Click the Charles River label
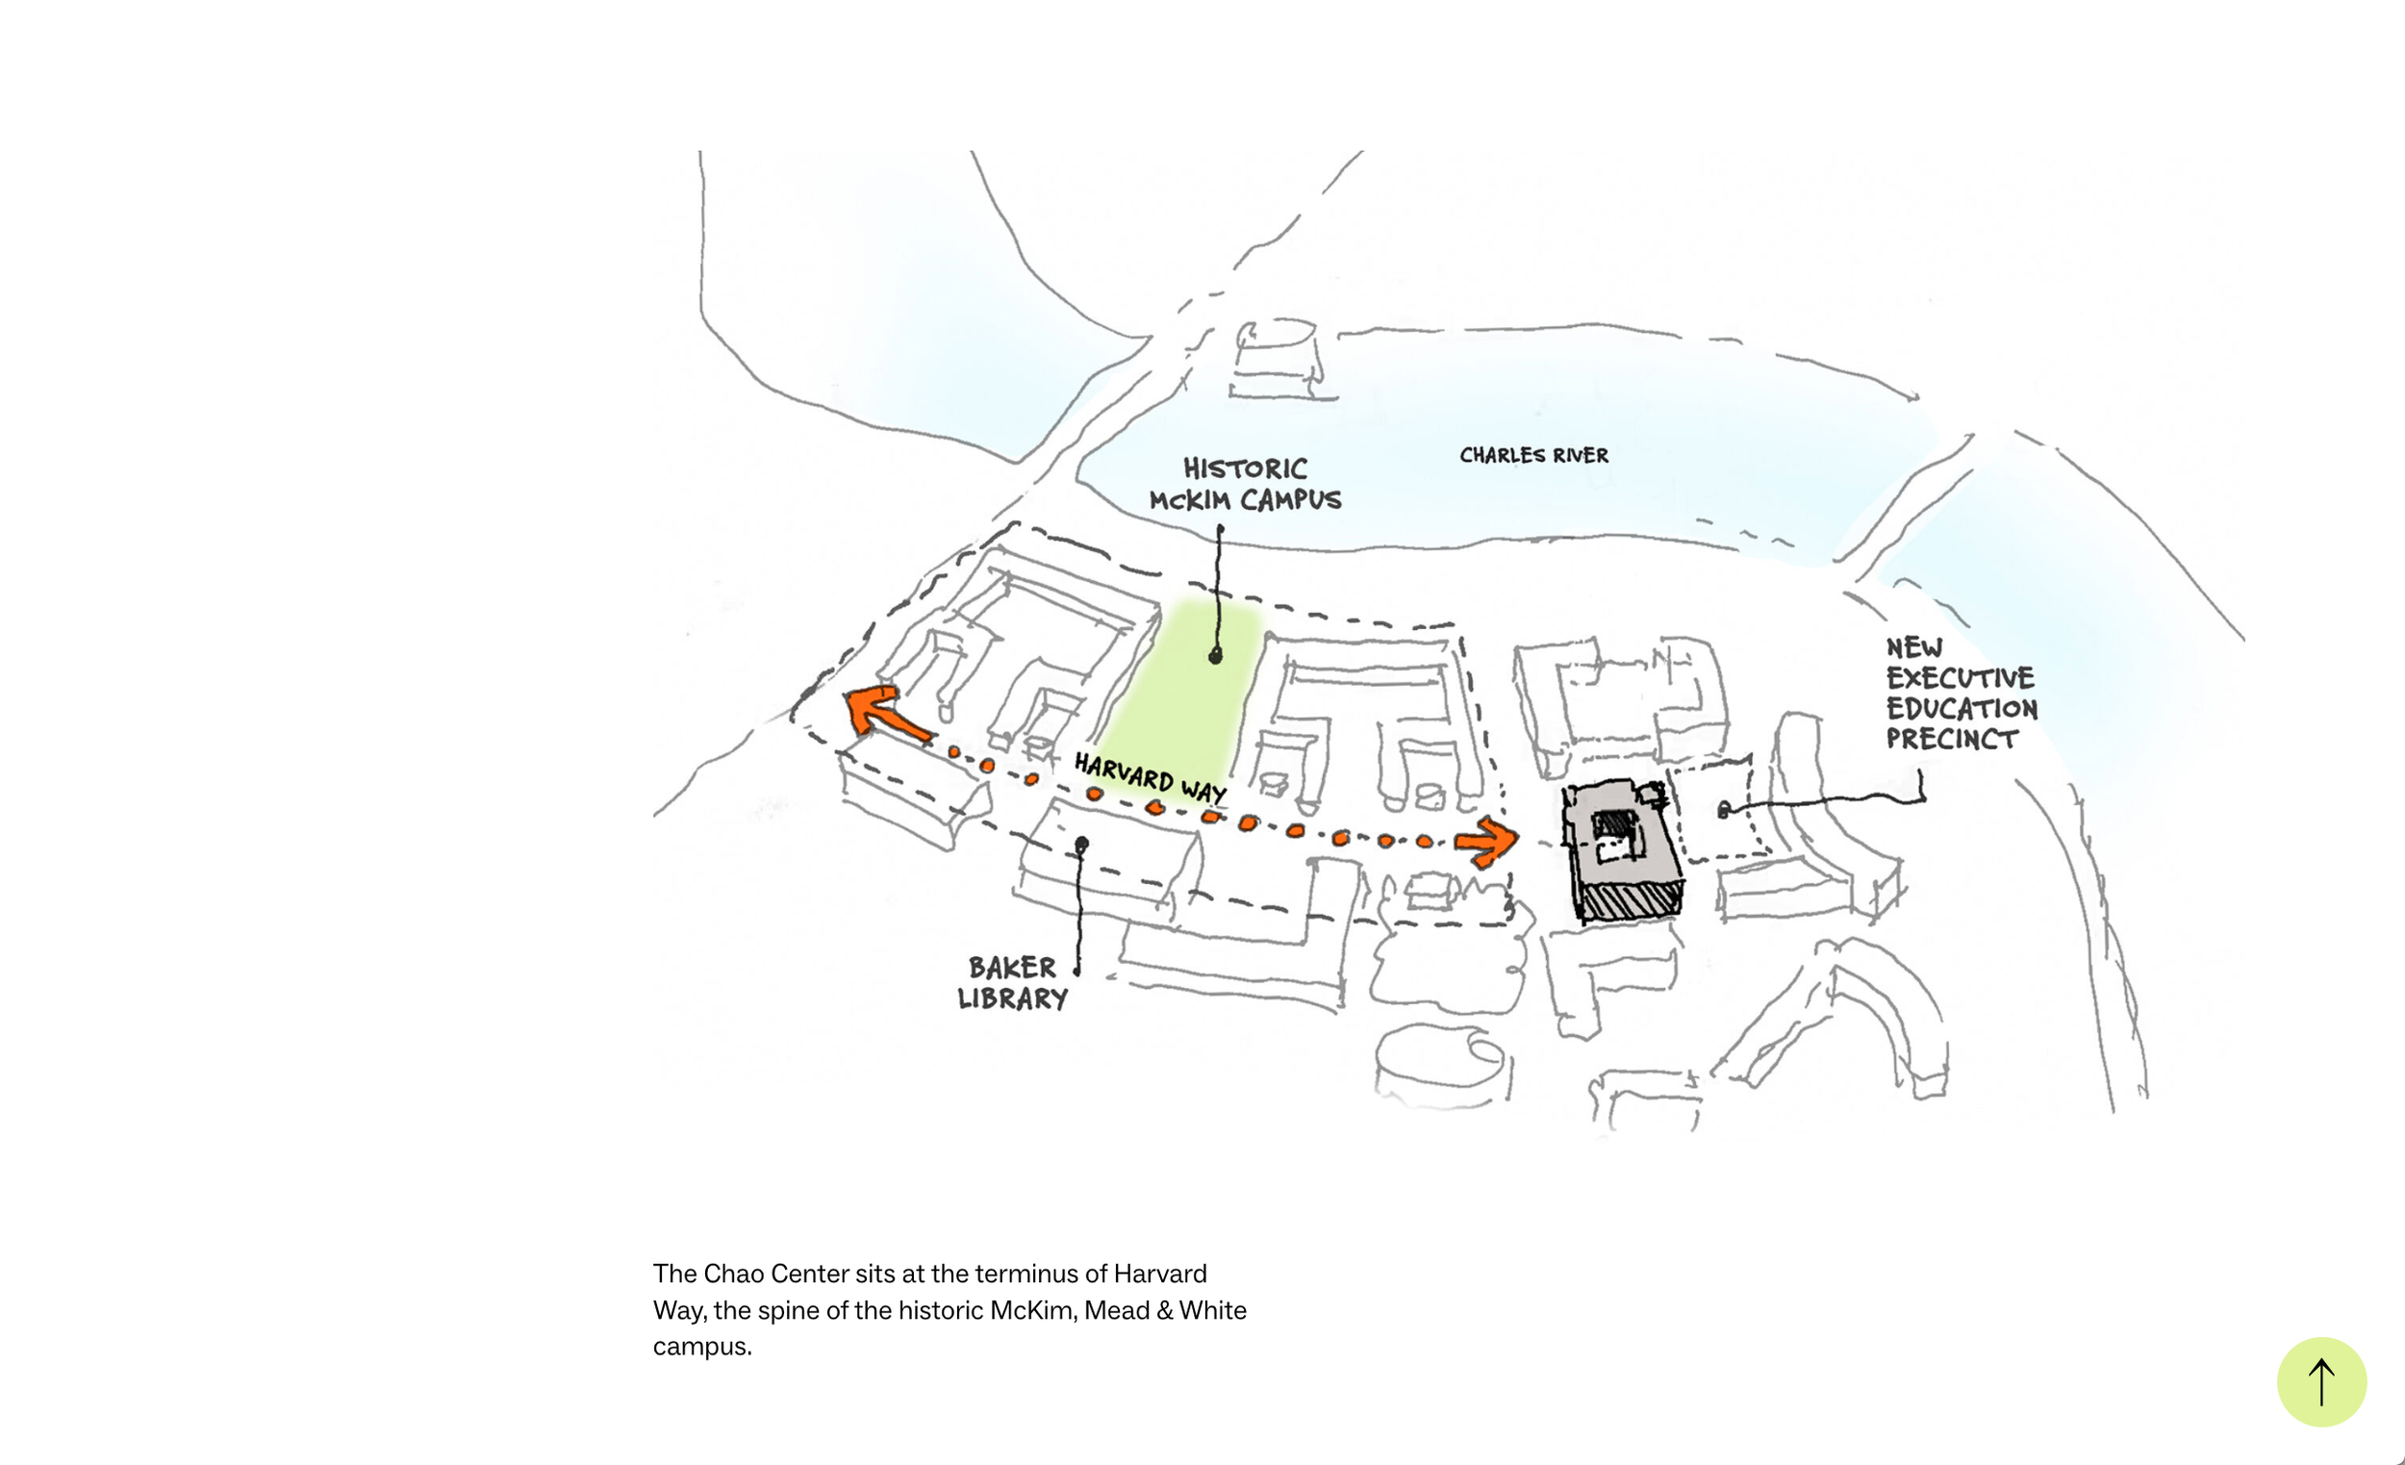[x=1533, y=455]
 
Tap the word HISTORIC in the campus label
[x=1245, y=468]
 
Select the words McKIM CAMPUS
[x=1245, y=501]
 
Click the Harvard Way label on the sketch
[x=1150, y=778]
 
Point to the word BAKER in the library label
[x=1012, y=968]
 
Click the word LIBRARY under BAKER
[x=1012, y=998]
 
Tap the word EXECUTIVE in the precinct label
[x=1960, y=678]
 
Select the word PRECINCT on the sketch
[x=1951, y=739]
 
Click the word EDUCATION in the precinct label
[x=1961, y=709]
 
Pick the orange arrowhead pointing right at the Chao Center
[x=1489, y=842]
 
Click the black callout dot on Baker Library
[x=1081, y=844]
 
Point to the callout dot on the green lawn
[x=1215, y=657]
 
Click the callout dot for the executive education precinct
[x=1724, y=810]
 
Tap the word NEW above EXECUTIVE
[x=1913, y=648]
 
